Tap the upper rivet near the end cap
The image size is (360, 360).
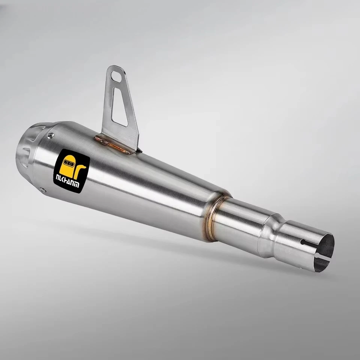(x=51, y=135)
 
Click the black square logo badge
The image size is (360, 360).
(x=74, y=171)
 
